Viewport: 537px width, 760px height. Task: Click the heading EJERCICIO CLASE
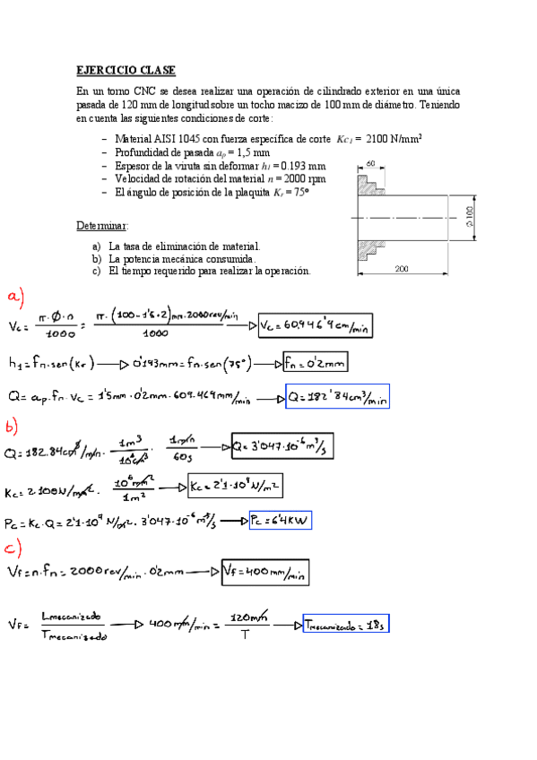126,70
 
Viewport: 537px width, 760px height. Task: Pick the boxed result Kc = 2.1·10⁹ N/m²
238,487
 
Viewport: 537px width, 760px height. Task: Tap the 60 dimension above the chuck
370,163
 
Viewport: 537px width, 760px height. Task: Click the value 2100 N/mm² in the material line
394,139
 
